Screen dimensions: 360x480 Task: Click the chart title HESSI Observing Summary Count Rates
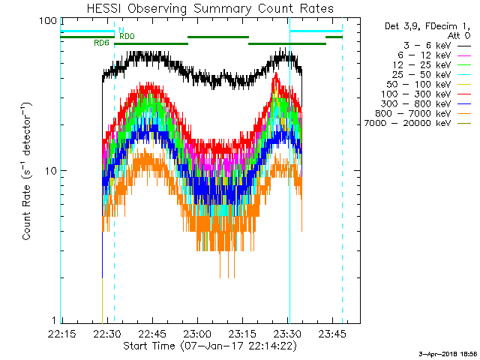click(210, 9)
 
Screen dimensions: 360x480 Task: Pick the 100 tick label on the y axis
click(48, 21)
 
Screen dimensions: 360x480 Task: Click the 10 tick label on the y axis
click(51, 171)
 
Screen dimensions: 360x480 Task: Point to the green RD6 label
click(101, 43)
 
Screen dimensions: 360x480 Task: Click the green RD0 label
click(127, 36)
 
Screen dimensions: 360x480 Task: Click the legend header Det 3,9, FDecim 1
click(417, 25)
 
